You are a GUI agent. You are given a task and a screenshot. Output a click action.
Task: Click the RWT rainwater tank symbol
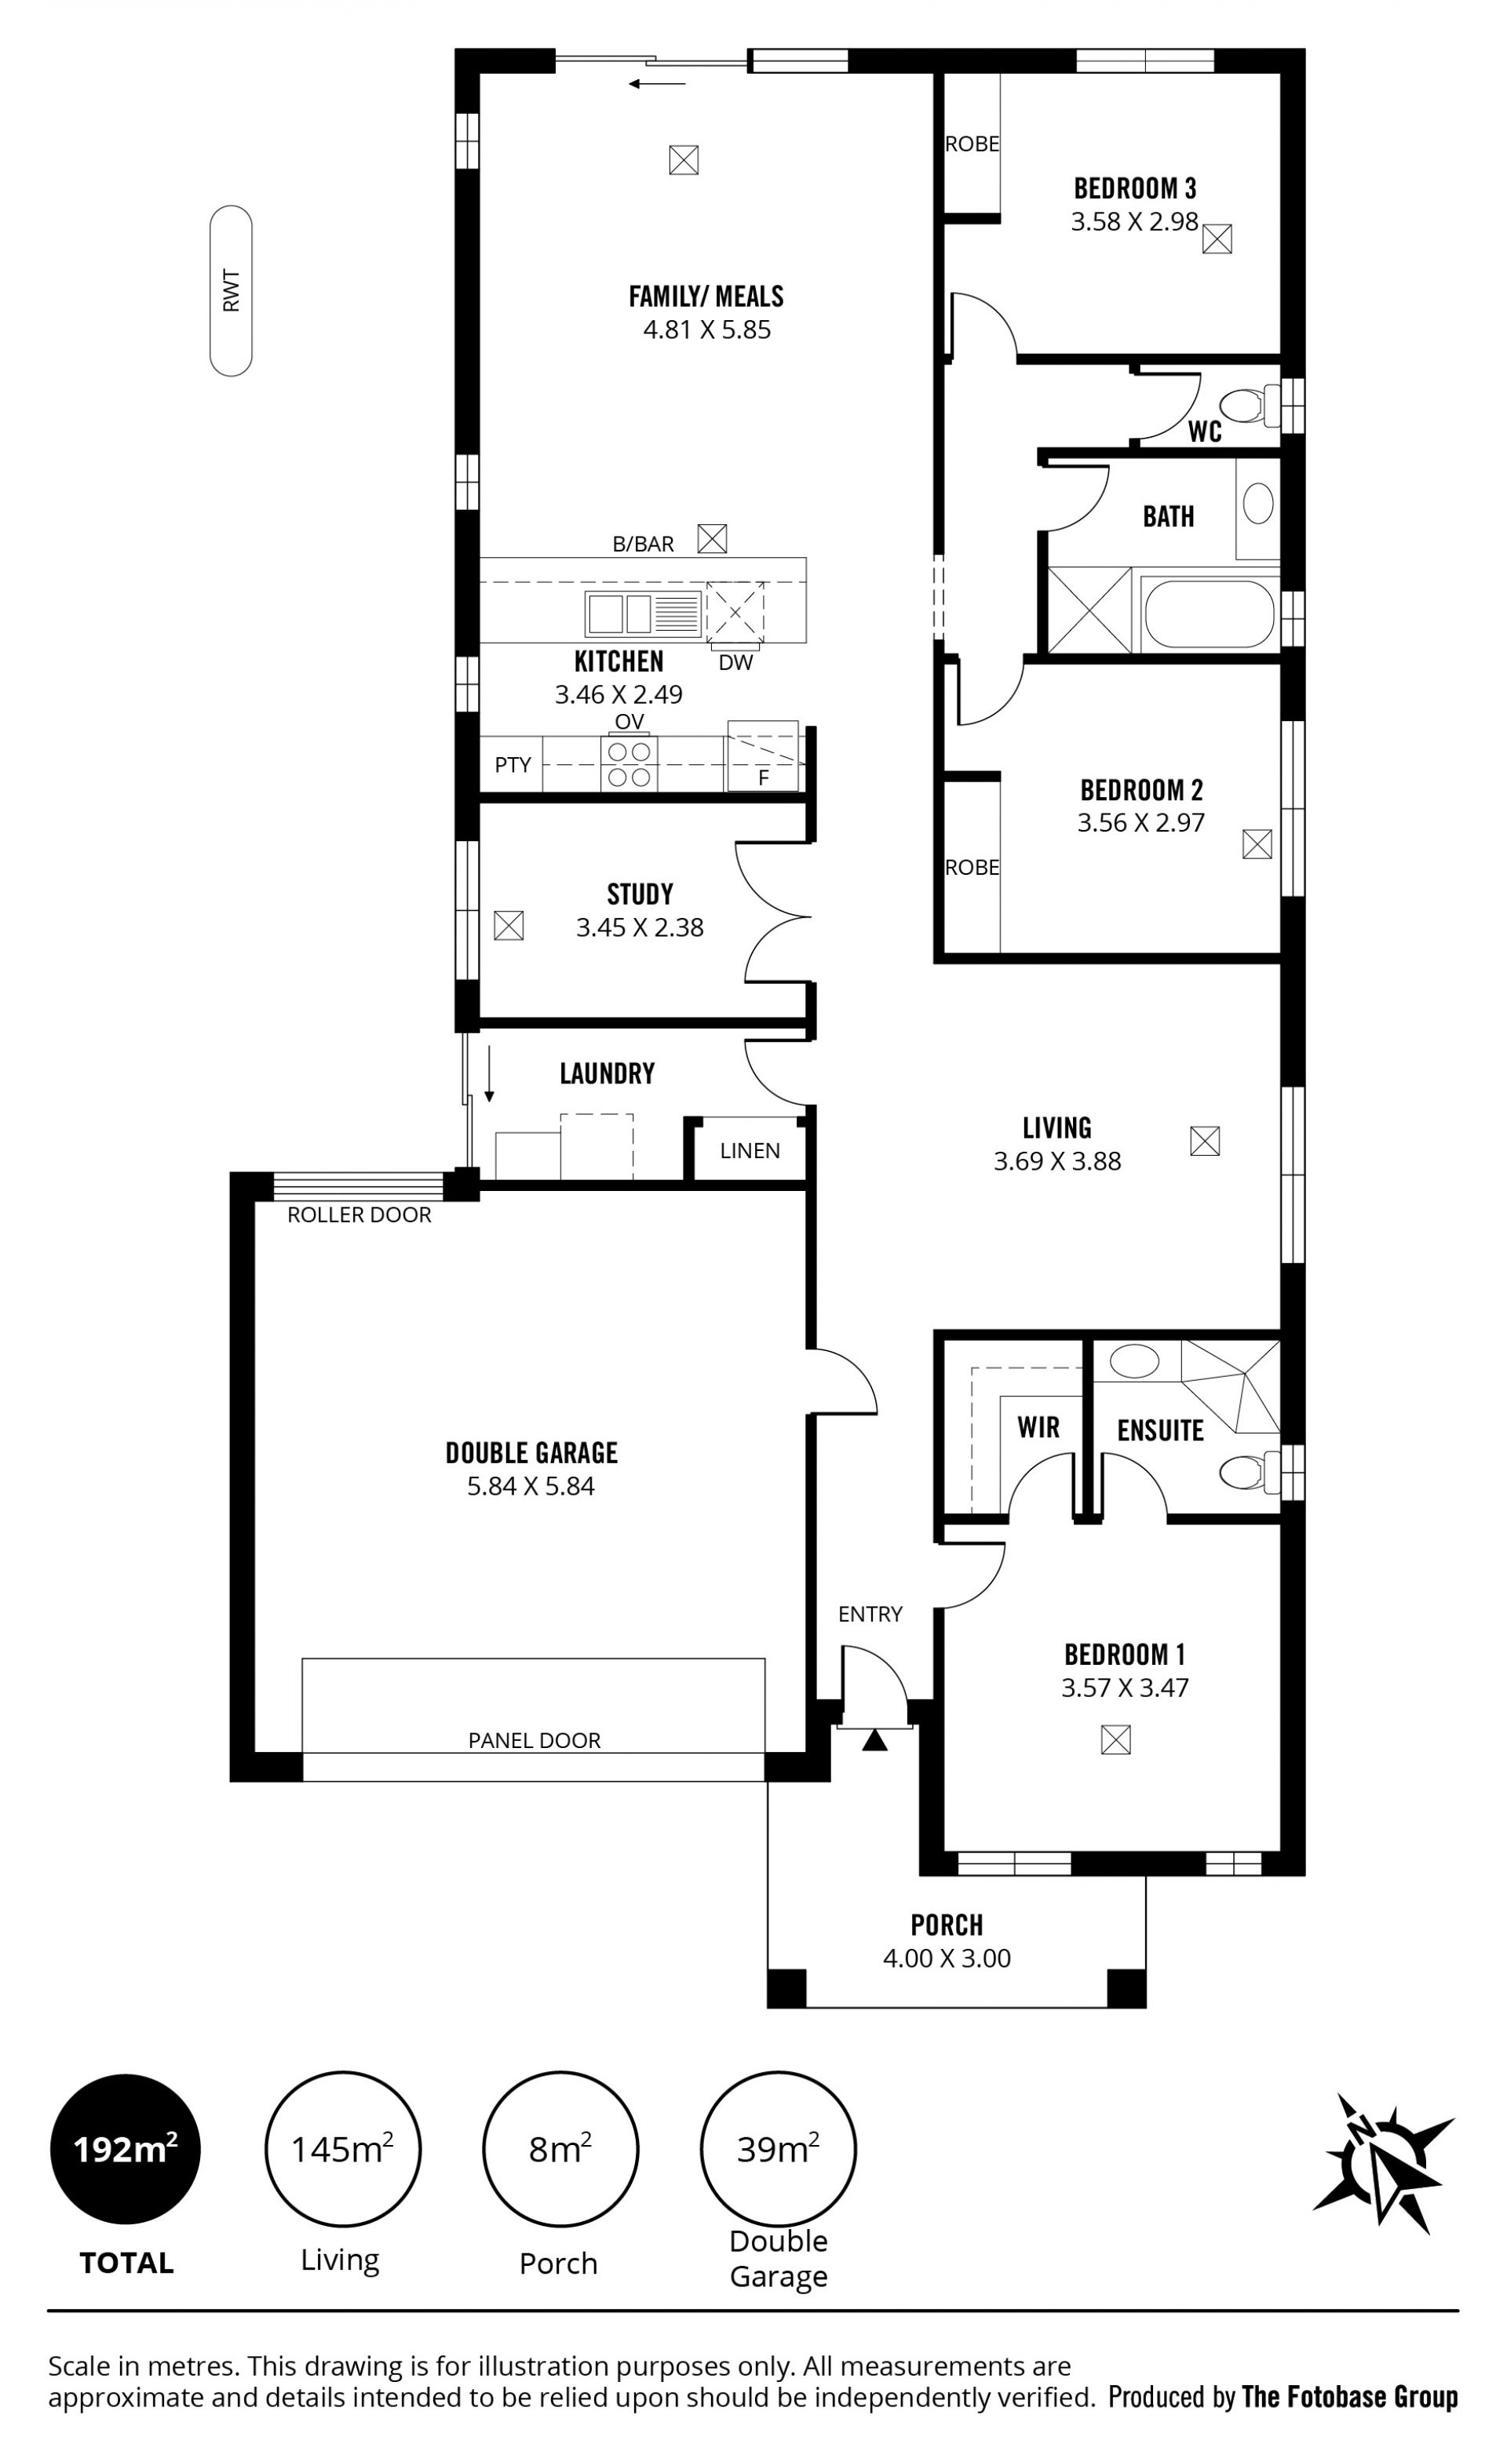231,291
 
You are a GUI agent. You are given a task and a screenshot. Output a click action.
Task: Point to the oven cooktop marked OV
629,763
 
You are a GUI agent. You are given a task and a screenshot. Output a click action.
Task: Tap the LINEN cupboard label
750,1150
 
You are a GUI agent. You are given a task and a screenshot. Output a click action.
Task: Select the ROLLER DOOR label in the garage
359,1215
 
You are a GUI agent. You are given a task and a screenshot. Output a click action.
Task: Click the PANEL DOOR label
535,1741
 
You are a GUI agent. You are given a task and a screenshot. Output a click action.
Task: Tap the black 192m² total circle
126,2149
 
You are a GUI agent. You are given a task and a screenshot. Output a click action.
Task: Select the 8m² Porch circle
560,2149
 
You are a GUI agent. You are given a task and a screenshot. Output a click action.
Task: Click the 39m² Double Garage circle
779,2149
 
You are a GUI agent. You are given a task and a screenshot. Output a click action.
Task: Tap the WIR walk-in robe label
1038,1427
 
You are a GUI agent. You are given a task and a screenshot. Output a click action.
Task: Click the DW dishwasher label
735,661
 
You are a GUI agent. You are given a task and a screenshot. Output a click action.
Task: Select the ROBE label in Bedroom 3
972,144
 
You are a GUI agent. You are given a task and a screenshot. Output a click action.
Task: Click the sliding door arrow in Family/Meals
658,84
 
